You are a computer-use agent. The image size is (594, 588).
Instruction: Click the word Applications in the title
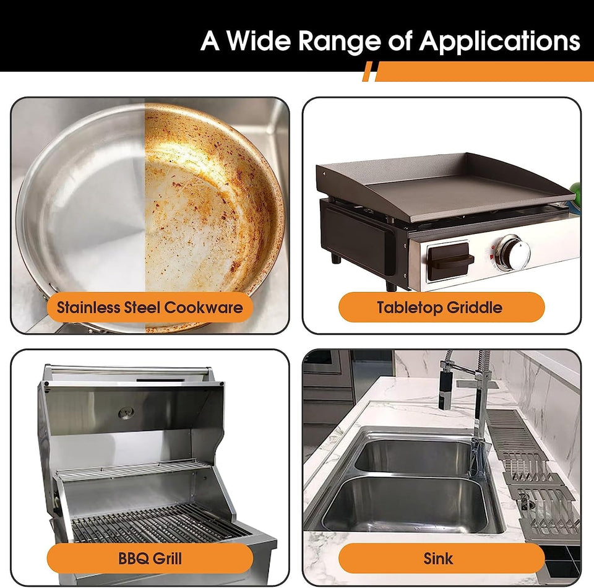click(499, 41)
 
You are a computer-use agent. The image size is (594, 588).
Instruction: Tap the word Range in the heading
click(339, 41)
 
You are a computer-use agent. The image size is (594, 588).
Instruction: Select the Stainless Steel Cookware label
click(150, 307)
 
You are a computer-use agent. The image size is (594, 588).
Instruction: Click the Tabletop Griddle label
click(441, 307)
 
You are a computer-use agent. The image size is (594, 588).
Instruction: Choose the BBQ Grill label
click(150, 558)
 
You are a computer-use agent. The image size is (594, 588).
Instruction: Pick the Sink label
click(441, 558)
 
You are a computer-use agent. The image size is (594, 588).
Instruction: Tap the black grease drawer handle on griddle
click(450, 261)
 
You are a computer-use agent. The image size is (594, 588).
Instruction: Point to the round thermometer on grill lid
click(126, 413)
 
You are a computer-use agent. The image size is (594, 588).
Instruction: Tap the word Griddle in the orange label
click(475, 307)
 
